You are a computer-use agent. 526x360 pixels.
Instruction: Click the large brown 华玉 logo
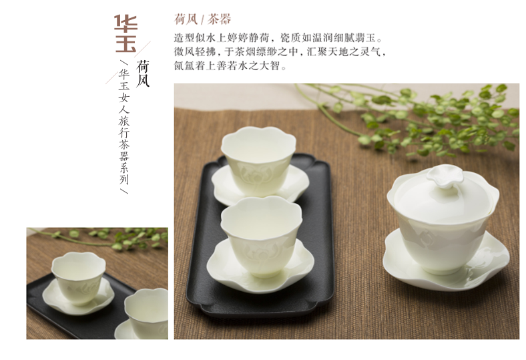[x=125, y=33]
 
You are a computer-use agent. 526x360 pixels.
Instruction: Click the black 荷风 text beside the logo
[x=143, y=74]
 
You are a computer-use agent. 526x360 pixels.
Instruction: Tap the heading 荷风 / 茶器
[x=203, y=19]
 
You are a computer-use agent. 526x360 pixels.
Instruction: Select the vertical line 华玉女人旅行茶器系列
[x=123, y=127]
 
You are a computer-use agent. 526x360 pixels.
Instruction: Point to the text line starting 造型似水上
[x=278, y=37]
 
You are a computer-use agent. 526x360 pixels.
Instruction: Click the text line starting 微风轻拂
[x=280, y=51]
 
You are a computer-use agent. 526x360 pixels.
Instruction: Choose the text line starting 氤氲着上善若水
[x=230, y=65]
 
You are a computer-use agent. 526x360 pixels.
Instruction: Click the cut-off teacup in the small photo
[x=147, y=313]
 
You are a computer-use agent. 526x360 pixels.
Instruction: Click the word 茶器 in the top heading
[x=219, y=19]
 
